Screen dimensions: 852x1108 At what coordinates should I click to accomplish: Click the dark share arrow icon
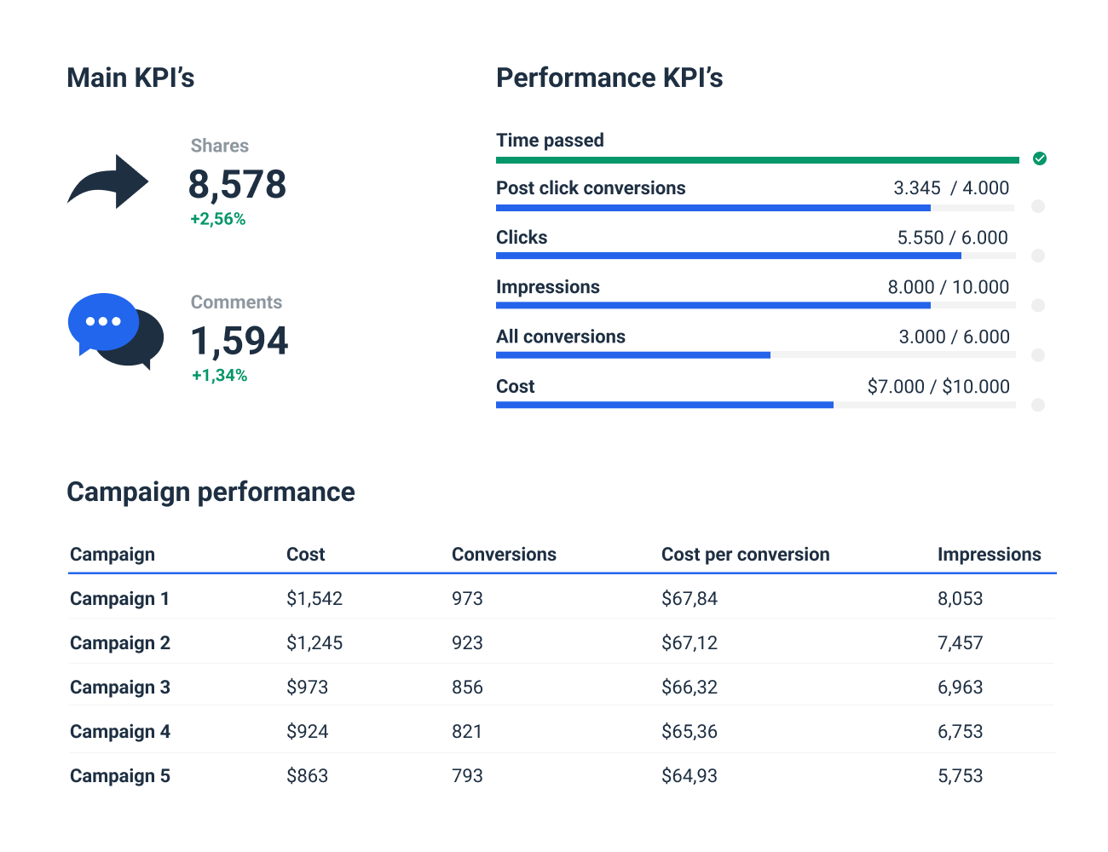108,181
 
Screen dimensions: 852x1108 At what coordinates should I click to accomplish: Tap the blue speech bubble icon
103,322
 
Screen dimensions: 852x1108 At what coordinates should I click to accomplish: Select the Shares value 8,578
237,185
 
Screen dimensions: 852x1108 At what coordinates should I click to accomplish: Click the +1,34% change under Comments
219,376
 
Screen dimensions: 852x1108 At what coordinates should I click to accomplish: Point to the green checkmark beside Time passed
1039,158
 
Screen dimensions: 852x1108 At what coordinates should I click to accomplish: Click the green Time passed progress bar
757,160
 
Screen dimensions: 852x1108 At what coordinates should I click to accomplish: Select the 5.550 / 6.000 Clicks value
952,238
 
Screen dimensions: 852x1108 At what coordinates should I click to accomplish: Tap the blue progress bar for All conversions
632,355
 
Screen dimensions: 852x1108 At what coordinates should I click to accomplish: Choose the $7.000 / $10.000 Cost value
938,387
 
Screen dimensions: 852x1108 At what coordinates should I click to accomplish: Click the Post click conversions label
591,188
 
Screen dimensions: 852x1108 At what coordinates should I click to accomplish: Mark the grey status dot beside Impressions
1037,305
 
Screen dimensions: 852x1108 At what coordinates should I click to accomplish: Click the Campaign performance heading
211,492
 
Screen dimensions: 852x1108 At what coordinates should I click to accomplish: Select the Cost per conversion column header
745,555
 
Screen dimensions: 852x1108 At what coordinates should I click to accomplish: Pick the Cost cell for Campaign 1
314,599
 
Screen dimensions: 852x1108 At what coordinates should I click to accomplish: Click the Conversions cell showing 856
467,688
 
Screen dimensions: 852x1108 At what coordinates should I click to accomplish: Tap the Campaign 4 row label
120,732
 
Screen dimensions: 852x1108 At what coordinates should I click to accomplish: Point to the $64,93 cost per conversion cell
689,776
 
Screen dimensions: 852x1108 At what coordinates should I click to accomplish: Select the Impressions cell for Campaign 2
960,643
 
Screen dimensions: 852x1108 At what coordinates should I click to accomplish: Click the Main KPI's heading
130,78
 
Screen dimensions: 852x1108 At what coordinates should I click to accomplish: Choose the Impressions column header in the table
989,555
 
